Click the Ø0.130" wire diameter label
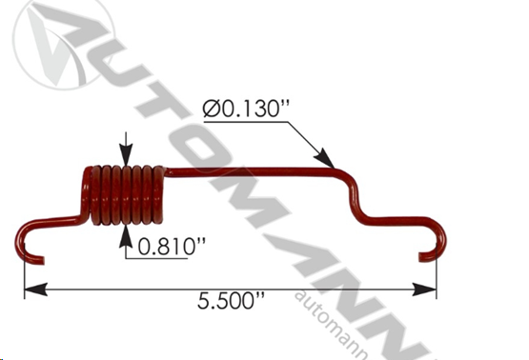246,109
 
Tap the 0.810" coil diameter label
172,246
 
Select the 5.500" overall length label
231,301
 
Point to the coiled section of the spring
124,195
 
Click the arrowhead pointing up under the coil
126,235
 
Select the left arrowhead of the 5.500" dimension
36,290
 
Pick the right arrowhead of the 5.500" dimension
424,290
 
